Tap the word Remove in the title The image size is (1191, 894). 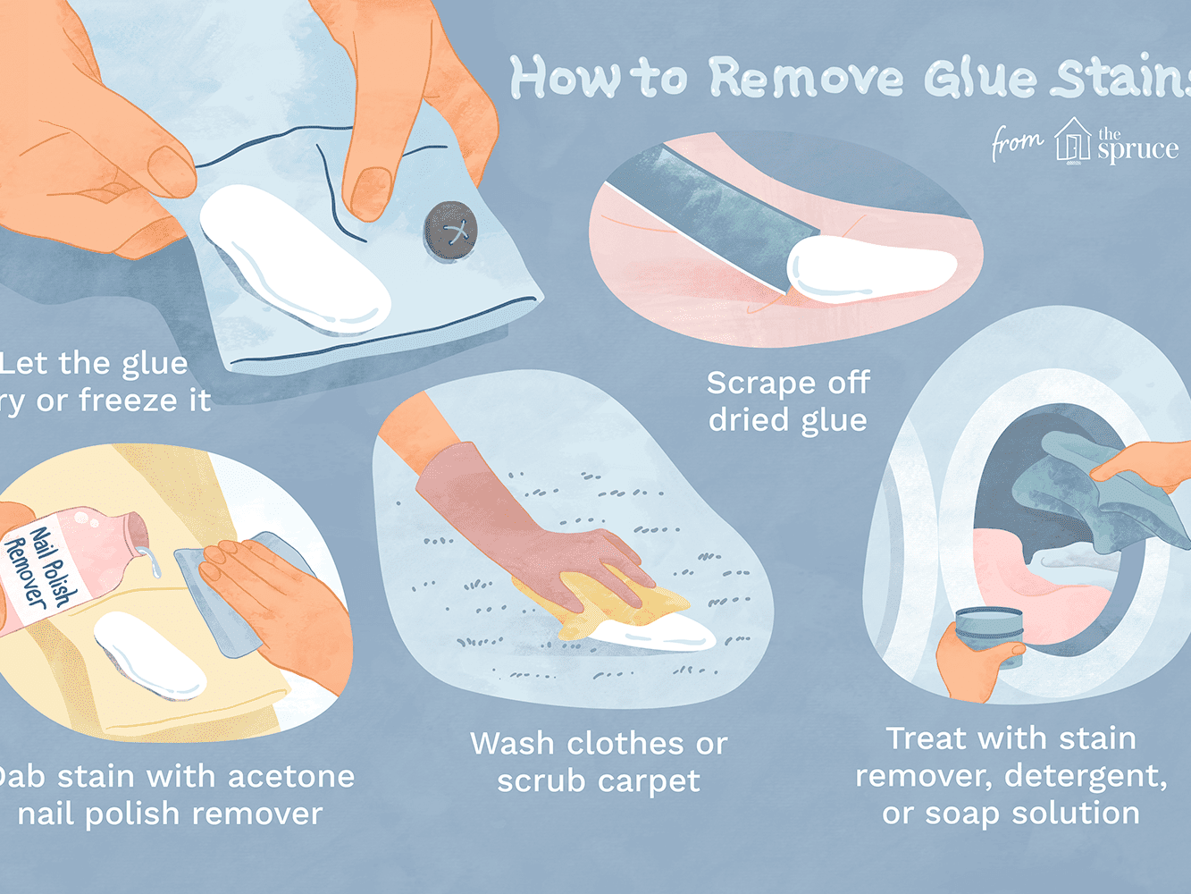tap(806, 79)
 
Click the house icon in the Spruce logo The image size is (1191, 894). tap(1072, 141)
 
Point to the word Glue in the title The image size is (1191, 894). tap(981, 79)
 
